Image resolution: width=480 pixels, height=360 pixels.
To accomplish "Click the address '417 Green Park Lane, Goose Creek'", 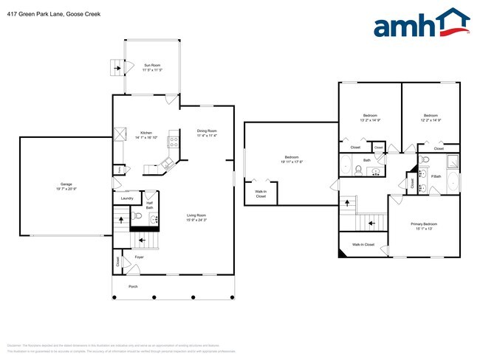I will coord(44,14).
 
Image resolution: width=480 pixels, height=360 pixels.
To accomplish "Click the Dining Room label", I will coord(207,131).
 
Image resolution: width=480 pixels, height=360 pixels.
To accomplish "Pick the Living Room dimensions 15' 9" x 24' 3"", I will coord(196,220).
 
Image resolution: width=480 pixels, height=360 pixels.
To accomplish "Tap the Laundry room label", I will coord(126,198).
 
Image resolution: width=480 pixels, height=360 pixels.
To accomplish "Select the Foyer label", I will coord(138,257).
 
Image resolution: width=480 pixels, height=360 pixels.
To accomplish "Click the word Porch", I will coord(133,286).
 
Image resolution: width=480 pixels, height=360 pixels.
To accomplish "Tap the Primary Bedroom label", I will coord(424,224).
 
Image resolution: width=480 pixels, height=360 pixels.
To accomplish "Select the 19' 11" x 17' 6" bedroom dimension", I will coord(292,162).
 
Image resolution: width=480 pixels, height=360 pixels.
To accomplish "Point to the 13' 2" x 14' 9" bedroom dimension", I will coord(370,120).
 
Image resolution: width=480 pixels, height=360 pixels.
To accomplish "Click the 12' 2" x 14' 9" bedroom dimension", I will coord(431,120).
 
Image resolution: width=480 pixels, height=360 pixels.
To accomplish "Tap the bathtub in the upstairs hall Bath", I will coord(347,165).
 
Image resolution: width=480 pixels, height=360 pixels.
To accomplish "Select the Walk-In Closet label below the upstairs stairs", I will coord(363,244).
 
